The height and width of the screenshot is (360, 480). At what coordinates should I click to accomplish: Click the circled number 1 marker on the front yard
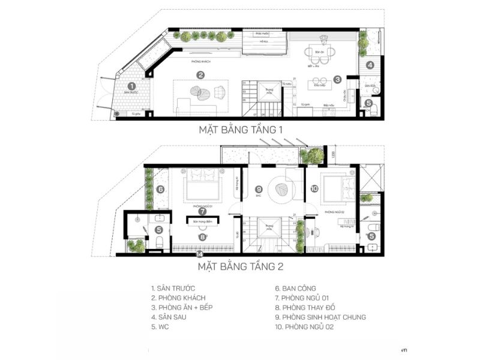[x=131, y=86]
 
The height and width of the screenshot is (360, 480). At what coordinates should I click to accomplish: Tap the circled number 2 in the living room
[x=201, y=75]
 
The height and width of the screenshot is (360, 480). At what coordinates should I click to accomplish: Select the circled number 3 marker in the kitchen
[x=338, y=79]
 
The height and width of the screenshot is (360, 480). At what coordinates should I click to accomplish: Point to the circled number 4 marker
[x=370, y=65]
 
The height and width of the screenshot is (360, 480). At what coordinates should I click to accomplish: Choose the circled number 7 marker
[x=202, y=211]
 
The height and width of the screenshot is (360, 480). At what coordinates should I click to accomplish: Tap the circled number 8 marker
[x=202, y=237]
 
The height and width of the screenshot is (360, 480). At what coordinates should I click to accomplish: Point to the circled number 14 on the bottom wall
[x=199, y=254]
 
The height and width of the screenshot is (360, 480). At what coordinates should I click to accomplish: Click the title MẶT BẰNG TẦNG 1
[x=240, y=130]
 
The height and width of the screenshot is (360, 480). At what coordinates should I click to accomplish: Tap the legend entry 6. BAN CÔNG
[x=295, y=288]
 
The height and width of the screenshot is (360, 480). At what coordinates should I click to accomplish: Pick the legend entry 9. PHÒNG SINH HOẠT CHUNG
[x=320, y=317]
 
